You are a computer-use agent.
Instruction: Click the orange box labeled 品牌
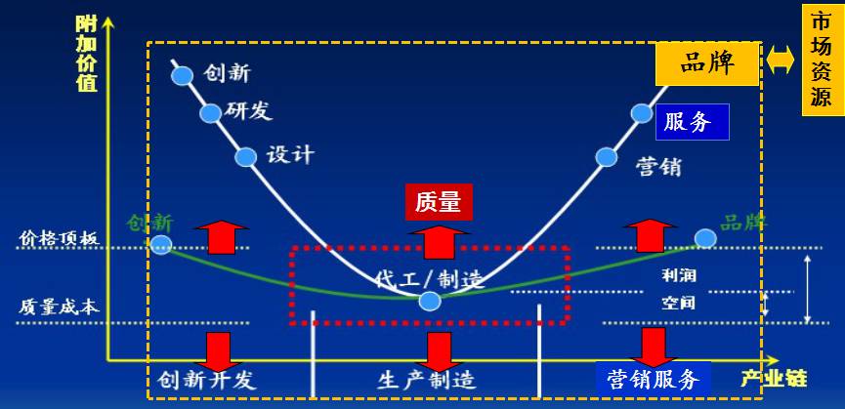point(706,65)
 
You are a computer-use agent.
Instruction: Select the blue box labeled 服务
point(692,122)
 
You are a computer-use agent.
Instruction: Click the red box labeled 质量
point(437,203)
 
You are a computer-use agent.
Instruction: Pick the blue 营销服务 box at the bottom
point(653,379)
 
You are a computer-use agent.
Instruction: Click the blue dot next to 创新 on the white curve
point(182,74)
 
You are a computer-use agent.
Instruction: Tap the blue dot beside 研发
point(211,113)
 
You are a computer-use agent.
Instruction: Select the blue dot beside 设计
point(246,156)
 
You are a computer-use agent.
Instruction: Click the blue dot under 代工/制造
point(429,301)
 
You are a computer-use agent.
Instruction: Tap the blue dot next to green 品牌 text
point(704,238)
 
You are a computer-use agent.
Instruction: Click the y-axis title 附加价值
point(87,54)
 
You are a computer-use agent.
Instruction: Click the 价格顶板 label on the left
point(60,238)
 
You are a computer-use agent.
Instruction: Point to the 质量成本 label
point(59,306)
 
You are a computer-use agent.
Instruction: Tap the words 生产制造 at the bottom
point(426,380)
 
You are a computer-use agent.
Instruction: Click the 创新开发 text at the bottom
point(206,380)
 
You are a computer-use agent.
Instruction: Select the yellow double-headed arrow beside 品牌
point(781,61)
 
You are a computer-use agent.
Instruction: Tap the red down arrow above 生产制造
point(439,349)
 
